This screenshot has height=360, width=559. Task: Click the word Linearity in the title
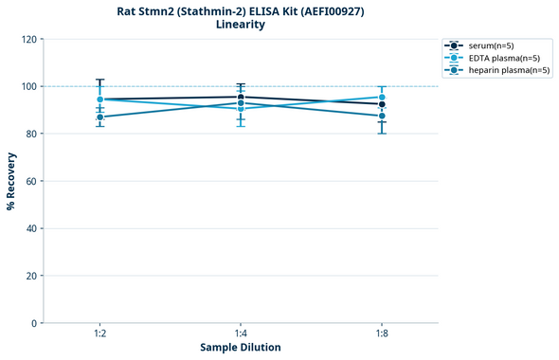(241, 25)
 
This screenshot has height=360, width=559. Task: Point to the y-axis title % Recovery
(11, 181)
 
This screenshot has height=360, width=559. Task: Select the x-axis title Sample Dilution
(241, 348)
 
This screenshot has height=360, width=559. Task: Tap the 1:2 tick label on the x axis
(99, 333)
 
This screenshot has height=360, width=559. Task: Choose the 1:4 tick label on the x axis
(241, 333)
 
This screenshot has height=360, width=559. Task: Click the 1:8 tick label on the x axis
(382, 333)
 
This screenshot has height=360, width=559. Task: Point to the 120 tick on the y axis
(28, 39)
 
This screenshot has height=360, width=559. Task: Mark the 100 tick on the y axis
(28, 86)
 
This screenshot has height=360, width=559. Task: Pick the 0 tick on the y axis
(34, 323)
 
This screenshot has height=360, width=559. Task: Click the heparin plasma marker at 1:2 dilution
(99, 117)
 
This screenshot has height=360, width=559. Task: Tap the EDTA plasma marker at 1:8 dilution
(382, 98)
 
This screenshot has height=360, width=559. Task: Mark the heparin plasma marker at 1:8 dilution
(382, 116)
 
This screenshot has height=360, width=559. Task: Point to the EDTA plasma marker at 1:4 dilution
(241, 109)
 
